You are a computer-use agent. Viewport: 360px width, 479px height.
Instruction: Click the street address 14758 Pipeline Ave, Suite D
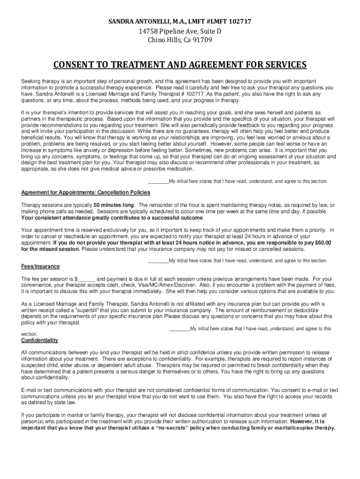[180, 31]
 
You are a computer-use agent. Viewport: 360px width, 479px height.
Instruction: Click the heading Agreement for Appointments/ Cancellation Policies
[86, 192]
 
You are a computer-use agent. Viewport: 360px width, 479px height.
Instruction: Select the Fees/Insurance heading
[41, 267]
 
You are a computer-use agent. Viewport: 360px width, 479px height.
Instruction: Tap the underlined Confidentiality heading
[40, 340]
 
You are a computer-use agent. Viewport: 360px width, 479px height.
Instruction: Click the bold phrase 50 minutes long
[114, 205]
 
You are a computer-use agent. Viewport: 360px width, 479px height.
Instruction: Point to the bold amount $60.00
[321, 242]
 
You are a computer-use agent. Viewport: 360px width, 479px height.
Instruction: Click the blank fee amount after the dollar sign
[86, 279]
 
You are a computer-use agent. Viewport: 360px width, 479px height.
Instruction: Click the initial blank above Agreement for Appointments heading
[158, 181]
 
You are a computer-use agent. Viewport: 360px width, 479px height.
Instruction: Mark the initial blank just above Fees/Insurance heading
[158, 261]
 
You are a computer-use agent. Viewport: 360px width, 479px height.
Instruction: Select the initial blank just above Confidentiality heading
[179, 328]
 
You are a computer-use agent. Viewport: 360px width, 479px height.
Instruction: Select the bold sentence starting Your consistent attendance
[113, 218]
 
